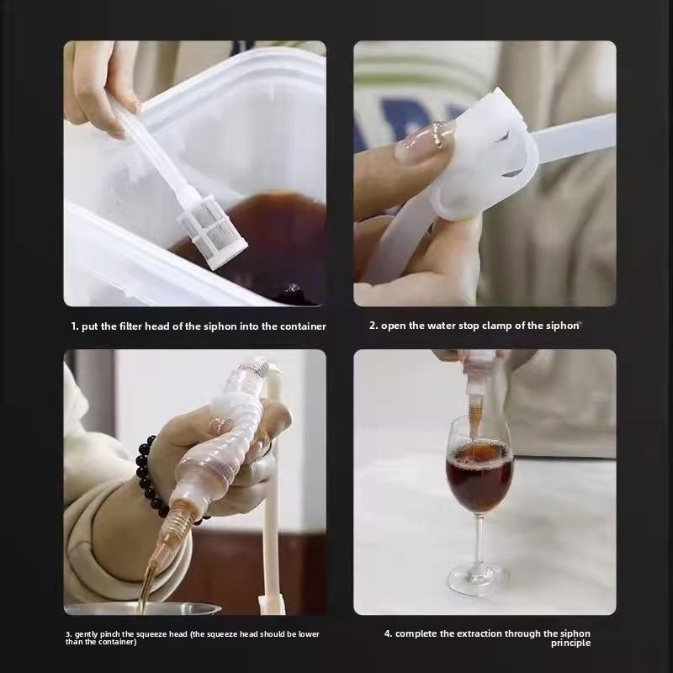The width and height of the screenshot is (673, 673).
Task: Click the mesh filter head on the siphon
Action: pyautogui.click(x=214, y=236)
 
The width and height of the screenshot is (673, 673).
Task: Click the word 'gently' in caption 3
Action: pyautogui.click(x=87, y=634)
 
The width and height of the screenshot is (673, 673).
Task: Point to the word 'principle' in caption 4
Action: pyautogui.click(x=570, y=643)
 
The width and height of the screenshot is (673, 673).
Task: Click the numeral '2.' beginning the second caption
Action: pyautogui.click(x=374, y=326)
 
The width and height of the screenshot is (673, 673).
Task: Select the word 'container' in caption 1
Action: pyautogui.click(x=303, y=326)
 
